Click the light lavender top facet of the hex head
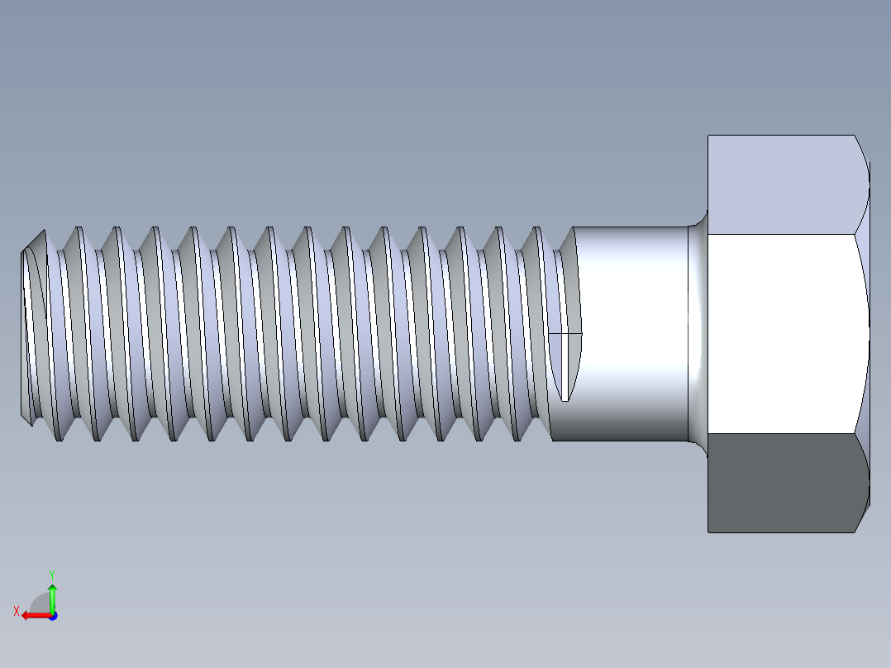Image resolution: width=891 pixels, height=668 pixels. coord(781,184)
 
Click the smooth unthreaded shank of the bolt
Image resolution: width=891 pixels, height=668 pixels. coord(632,331)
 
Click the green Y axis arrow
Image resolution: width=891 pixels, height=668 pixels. coord(52,596)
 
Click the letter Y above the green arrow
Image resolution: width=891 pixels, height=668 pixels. coord(52,574)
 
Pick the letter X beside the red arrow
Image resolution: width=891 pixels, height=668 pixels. coord(16,612)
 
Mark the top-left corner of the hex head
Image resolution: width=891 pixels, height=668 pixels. coord(708,136)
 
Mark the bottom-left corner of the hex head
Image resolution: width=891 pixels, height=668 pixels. coord(708,532)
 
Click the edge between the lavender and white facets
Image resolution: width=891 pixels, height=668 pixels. coord(781,234)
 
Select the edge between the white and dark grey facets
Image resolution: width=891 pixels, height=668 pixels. coord(781,432)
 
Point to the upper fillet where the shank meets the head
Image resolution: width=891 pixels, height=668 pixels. coord(698,221)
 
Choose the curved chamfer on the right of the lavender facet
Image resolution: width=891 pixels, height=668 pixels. coord(863,184)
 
